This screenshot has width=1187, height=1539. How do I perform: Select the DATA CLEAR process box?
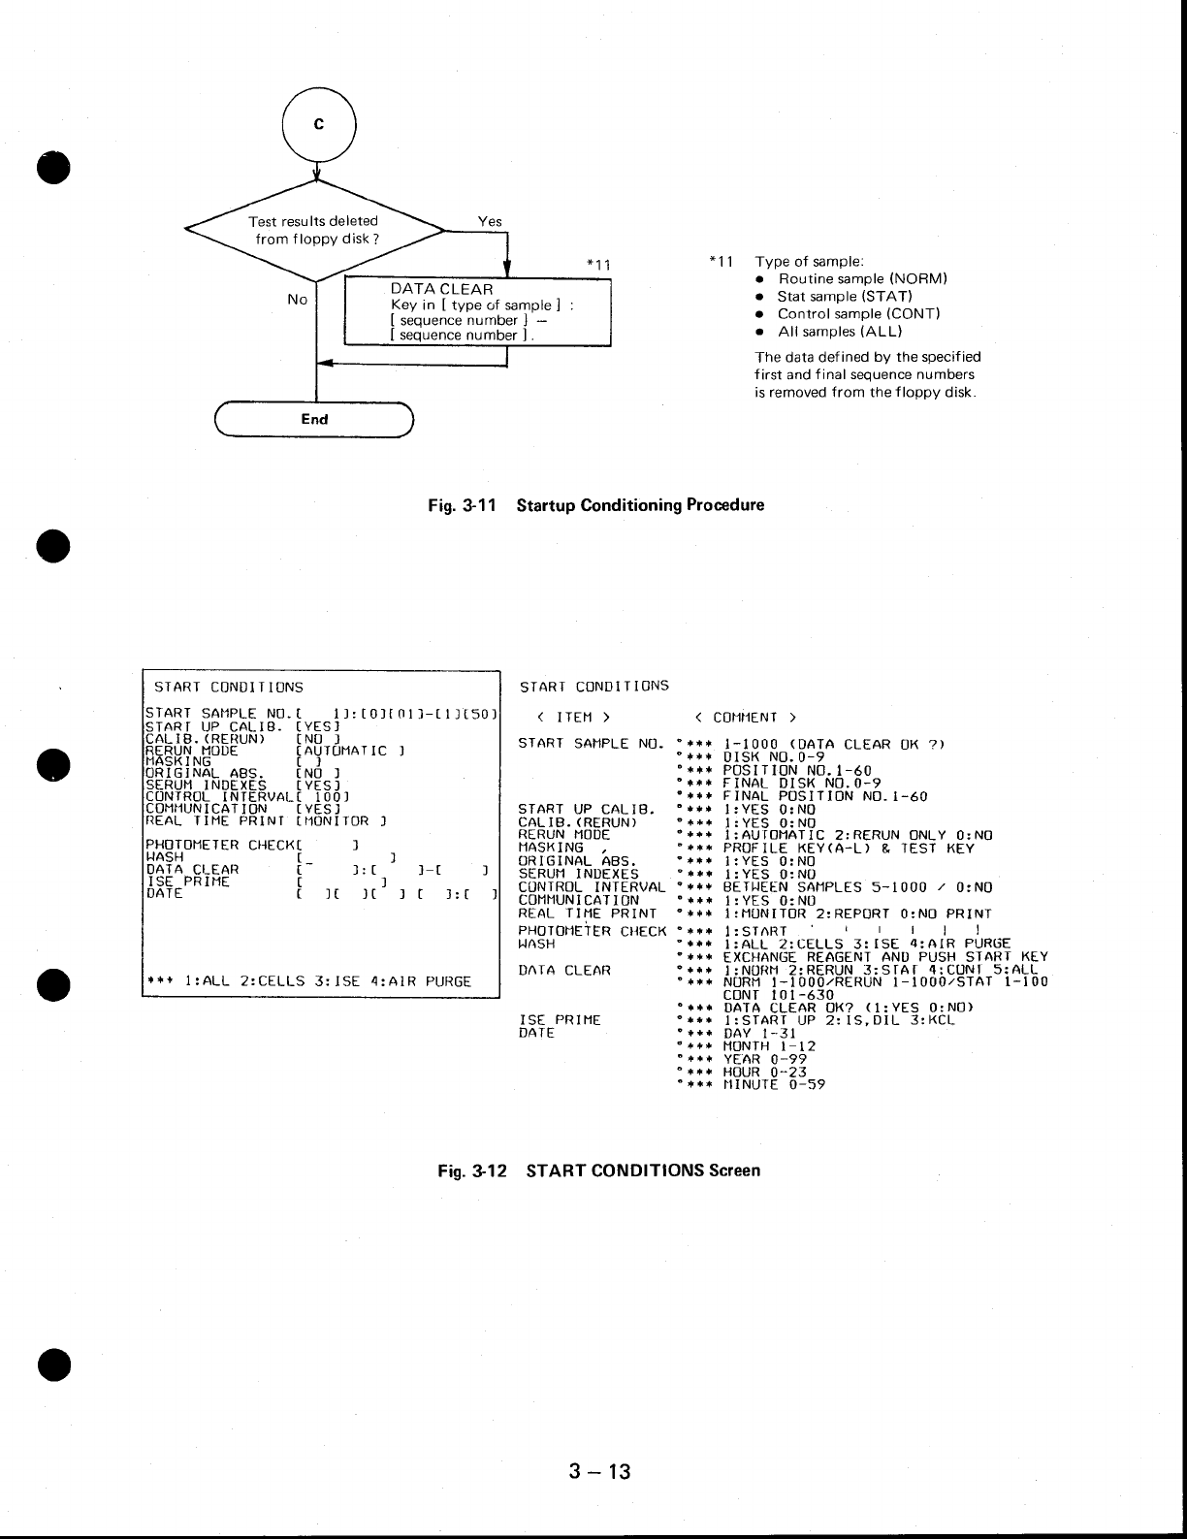[x=478, y=311]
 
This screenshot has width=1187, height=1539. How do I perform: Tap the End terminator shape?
[x=314, y=420]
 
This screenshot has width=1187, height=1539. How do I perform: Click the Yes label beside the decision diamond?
[x=490, y=221]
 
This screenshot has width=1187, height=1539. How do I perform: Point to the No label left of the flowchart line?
[x=298, y=300]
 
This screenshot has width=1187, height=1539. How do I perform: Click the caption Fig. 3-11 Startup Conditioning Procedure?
[x=602, y=505]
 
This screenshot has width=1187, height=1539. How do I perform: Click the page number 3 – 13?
[x=600, y=1471]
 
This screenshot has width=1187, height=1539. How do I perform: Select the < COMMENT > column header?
[x=746, y=718]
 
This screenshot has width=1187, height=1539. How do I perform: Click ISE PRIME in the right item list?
[x=560, y=1020]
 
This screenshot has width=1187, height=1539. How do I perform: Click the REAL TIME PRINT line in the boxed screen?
[x=267, y=820]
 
